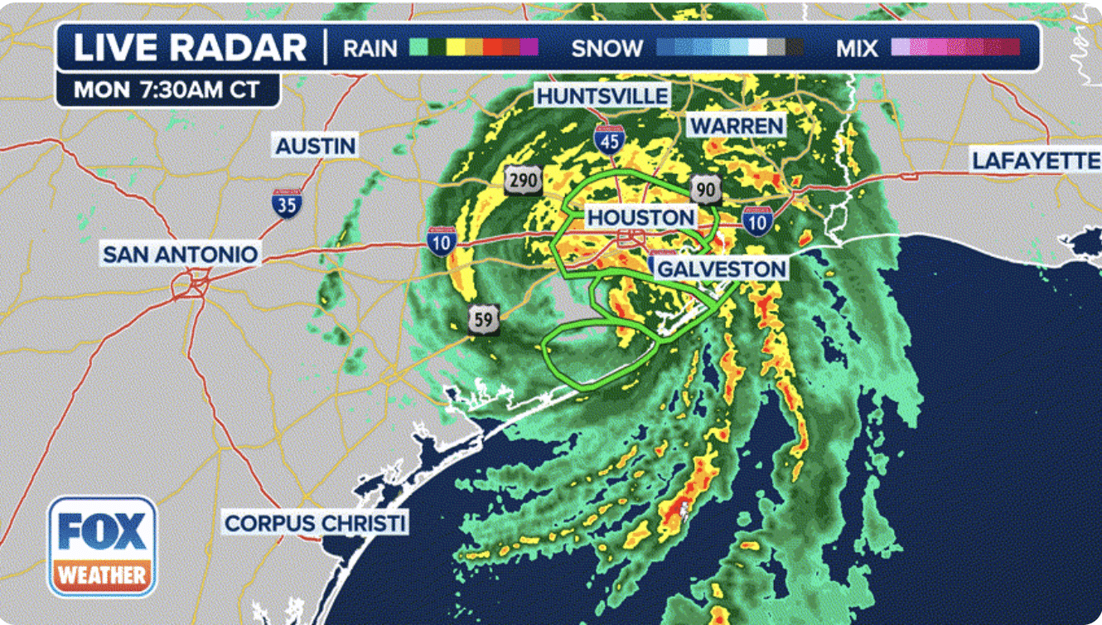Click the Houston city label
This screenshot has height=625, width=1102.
(641, 218)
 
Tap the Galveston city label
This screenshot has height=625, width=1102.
(721, 269)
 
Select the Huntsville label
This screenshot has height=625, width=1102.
(602, 96)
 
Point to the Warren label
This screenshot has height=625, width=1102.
(737, 126)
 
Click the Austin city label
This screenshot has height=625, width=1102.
(315, 146)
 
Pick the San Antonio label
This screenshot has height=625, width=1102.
(180, 254)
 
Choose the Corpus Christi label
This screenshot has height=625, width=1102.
(316, 524)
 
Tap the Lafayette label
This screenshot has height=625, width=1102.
(1035, 161)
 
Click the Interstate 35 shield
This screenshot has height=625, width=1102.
(287, 202)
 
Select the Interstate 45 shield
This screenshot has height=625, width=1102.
(609, 139)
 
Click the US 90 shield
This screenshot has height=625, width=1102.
(705, 190)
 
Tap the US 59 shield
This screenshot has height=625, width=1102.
(483, 319)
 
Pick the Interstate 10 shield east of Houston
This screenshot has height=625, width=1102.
(757, 220)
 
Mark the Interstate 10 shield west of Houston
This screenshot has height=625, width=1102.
(442, 240)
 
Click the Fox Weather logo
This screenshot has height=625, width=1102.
(102, 545)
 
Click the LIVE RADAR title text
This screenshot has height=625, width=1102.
(190, 48)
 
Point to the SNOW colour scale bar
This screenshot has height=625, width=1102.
(729, 47)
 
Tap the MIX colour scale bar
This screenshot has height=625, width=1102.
(955, 47)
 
